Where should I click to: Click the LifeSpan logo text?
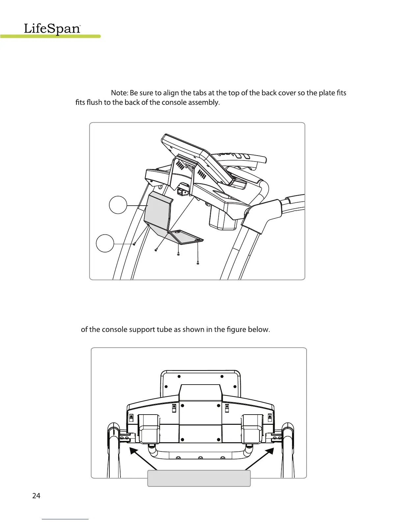[52, 29]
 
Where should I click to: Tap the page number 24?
[36, 496]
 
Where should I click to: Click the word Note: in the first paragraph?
[120, 93]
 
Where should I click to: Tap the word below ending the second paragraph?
[260, 330]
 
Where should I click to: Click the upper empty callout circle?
[118, 205]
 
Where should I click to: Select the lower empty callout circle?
[105, 243]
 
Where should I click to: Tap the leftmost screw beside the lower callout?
[134, 244]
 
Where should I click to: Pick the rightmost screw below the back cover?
[198, 263]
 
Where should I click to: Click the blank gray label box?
[199, 478]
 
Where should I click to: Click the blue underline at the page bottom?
[66, 519]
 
